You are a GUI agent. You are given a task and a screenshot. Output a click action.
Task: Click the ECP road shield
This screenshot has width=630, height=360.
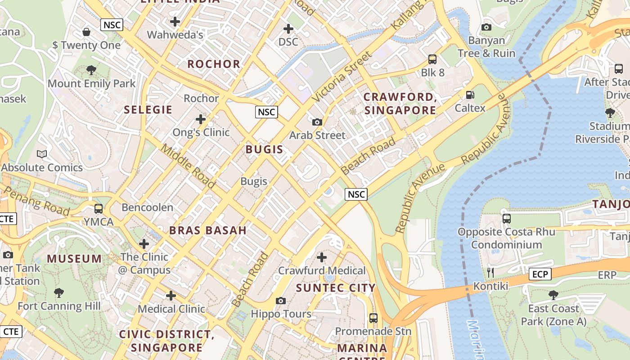pos(540,274)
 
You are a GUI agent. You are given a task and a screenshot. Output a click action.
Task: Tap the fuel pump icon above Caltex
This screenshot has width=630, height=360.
pos(470,95)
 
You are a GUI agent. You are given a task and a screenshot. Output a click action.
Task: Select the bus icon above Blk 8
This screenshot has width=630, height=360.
pos(432,59)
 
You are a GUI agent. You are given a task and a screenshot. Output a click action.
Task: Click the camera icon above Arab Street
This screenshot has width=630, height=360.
pos(317,122)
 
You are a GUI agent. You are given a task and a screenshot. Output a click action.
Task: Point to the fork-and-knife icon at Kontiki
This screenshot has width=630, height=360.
pos(490,272)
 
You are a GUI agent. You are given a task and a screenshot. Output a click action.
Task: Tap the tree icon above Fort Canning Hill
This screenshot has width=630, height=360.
pos(58,293)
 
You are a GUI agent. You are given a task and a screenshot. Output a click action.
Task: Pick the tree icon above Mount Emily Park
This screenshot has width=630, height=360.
pos(91,70)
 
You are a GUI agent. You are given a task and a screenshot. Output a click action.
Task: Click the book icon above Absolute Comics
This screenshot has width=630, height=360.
pos(42,154)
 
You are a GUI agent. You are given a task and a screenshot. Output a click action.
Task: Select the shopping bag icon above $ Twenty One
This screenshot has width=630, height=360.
pos(86,32)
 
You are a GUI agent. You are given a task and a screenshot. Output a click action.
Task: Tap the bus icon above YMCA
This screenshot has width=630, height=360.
pos(98,209)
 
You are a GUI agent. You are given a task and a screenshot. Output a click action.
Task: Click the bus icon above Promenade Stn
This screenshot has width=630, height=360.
pos(373,318)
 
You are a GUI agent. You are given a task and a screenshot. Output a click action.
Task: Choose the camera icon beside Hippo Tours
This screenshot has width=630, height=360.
pos(281,301)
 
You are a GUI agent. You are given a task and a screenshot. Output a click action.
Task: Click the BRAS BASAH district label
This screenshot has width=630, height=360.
pos(207,230)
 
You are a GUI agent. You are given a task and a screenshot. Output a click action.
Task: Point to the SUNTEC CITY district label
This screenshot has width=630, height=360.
pos(335,288)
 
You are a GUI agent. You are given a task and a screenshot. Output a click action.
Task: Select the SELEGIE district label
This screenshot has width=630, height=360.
pos(148,110)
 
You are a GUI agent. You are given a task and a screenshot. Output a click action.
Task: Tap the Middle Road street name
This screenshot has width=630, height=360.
pos(188,166)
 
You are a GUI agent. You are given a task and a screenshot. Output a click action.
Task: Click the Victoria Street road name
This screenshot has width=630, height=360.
pos(342,76)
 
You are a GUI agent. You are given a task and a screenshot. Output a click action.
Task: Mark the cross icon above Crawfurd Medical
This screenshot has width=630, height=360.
pos(321,257)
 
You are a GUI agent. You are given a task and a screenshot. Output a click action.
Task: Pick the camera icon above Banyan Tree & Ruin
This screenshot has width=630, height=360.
pos(486,27)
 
